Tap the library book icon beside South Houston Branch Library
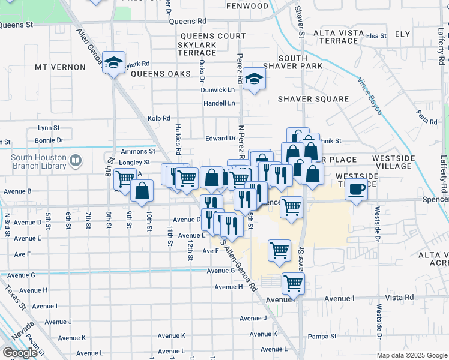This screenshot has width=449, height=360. point(75,160)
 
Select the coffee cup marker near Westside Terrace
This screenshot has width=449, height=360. point(357,189)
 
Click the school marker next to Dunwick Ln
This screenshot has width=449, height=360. point(254,79)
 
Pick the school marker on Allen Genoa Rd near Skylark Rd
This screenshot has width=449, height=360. point(112,62)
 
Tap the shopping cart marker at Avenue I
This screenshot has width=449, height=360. point(293,283)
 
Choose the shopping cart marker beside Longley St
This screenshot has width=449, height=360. point(125,178)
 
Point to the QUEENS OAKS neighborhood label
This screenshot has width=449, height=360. point(152,74)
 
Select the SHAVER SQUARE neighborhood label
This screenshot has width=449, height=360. point(313,99)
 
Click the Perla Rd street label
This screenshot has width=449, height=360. point(427,118)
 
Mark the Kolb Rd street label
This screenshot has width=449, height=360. point(159,118)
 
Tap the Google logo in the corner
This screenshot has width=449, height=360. point(20,353)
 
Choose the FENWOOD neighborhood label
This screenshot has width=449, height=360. point(247,6)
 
